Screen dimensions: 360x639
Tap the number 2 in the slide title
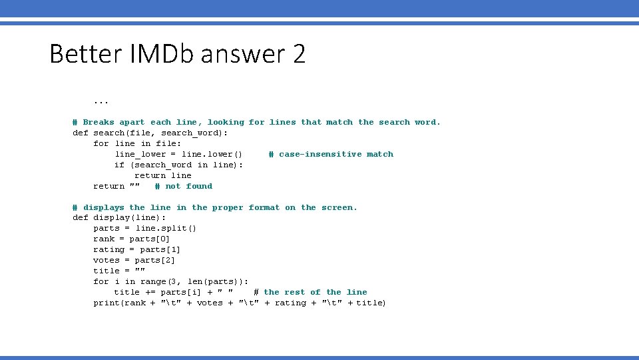[299, 53]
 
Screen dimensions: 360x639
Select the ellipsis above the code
[101, 102]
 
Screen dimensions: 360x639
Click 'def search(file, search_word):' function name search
[108, 133]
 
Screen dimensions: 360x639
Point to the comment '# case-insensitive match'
[331, 154]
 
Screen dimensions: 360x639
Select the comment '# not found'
[183, 186]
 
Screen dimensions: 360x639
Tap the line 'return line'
[162, 175]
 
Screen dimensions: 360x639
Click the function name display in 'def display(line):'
[111, 218]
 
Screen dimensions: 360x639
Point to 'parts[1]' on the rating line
[160, 250]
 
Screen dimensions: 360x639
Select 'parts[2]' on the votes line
[154, 261]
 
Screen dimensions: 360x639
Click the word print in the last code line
[106, 303]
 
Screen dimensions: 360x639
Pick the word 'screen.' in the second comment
[339, 207]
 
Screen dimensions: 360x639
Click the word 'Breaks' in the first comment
[99, 122]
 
